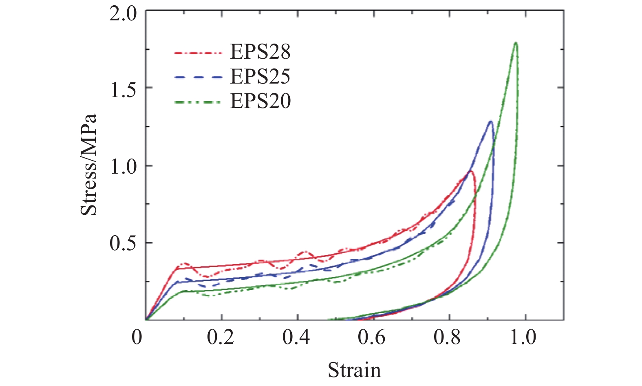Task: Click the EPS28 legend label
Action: click(x=260, y=52)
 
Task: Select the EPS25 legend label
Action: click(x=260, y=76)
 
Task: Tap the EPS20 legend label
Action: click(x=260, y=101)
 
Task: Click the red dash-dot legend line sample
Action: click(x=199, y=53)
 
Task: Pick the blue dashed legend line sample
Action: click(x=199, y=77)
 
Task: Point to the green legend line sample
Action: click(x=199, y=102)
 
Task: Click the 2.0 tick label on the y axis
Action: click(x=124, y=14)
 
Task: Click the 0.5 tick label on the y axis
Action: click(x=124, y=244)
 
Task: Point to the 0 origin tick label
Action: click(x=137, y=337)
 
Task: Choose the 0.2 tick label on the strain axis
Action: click(x=221, y=337)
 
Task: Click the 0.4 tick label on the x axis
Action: click(x=296, y=337)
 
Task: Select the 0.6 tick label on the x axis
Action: click(x=372, y=337)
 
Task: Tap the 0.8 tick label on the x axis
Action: click(x=448, y=337)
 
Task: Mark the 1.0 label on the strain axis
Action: click(x=523, y=337)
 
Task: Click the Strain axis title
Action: click(x=354, y=370)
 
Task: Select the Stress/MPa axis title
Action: click(x=89, y=164)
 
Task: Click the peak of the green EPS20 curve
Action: click(x=516, y=43)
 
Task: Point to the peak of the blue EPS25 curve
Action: click(x=490, y=121)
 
